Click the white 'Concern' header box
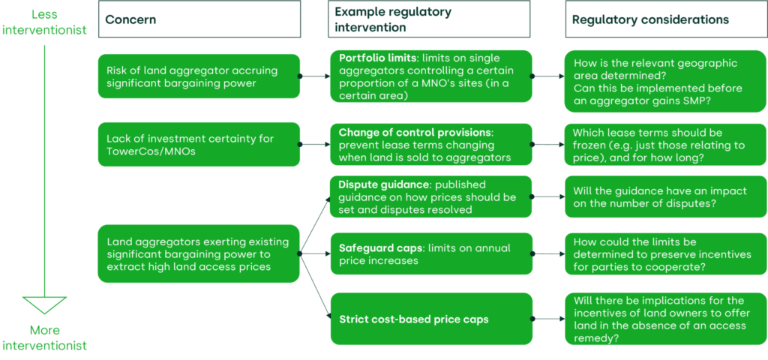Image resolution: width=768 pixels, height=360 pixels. [x=199, y=19]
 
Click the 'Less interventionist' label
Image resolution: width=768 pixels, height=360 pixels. [x=44, y=22]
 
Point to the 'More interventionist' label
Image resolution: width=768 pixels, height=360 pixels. [x=44, y=337]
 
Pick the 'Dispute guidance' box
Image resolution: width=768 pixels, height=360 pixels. [x=431, y=197]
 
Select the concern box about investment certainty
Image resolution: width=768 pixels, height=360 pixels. [x=198, y=145]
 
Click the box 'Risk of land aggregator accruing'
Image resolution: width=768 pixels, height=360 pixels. [x=198, y=76]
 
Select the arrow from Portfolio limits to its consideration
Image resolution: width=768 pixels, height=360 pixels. [x=548, y=76]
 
